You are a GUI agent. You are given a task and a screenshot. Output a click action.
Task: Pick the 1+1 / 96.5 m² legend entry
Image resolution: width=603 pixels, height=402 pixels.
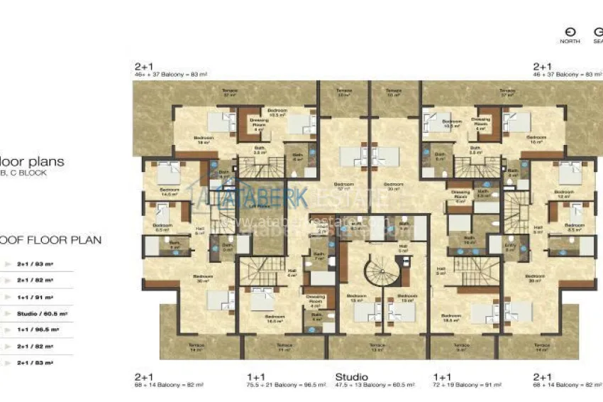(x=39, y=330)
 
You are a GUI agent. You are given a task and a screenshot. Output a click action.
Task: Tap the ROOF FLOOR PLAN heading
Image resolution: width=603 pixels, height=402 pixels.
(x=50, y=240)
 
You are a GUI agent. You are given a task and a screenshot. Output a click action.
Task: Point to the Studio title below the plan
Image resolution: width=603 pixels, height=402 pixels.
(x=351, y=376)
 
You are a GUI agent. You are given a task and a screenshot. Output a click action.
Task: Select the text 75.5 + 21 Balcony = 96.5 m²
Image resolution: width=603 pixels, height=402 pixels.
(x=286, y=385)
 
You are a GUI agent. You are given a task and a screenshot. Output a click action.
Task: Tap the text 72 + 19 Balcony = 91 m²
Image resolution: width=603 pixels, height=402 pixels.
(x=468, y=385)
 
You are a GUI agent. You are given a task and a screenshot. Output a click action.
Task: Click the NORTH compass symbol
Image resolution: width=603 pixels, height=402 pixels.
(x=569, y=33)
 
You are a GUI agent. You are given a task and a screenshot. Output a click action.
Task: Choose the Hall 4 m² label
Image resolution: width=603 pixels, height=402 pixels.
(x=292, y=273)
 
